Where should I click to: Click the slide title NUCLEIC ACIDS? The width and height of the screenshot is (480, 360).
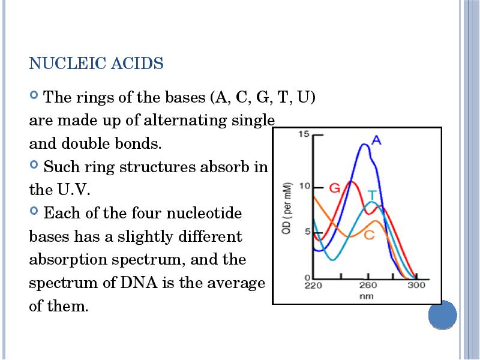[x=96, y=64]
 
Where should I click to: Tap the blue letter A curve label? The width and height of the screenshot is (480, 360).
[x=376, y=140]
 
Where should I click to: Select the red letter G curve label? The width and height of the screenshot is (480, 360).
[x=335, y=188]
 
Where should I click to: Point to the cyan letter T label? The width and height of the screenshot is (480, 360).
[x=372, y=195]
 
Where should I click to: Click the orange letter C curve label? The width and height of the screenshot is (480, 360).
[x=370, y=235]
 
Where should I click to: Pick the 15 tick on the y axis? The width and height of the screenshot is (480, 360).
[x=304, y=134]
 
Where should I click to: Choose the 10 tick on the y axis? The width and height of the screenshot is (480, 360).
[x=304, y=186]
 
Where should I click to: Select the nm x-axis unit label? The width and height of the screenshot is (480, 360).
[x=366, y=296]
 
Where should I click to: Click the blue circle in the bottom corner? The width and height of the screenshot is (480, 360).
[x=443, y=314]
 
